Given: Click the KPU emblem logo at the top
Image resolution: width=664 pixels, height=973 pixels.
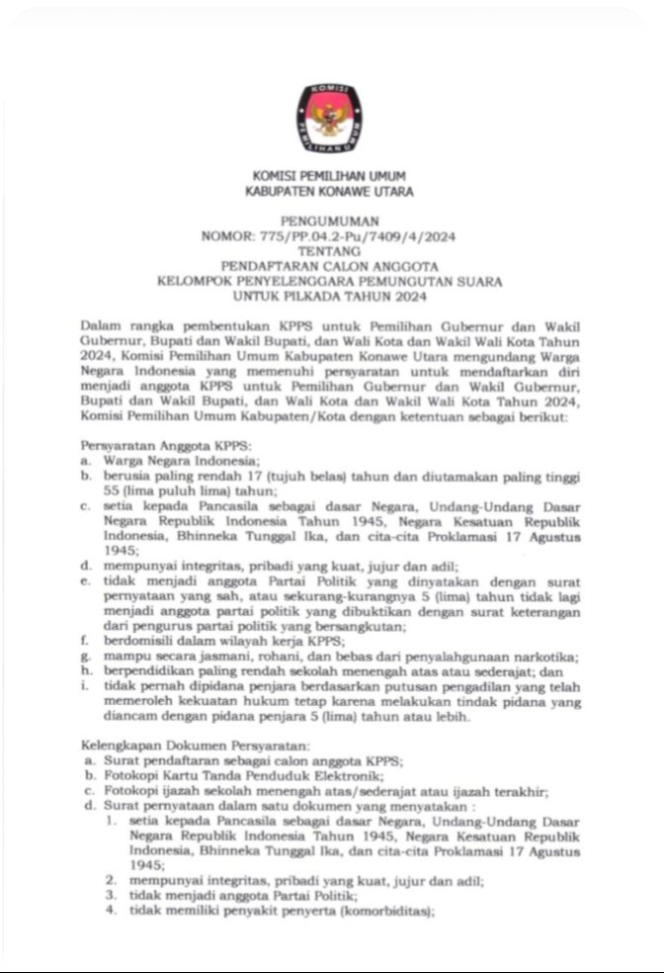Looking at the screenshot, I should (331, 118).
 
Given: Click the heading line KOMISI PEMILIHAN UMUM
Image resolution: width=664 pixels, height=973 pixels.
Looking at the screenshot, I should (331, 174).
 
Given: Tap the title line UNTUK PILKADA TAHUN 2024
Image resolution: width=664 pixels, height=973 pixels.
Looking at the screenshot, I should (331, 297).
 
